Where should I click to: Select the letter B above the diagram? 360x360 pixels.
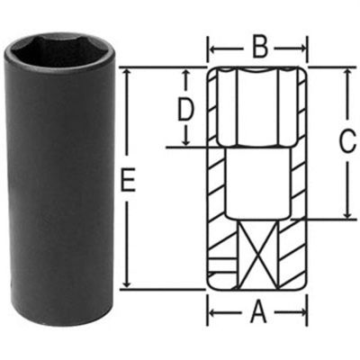click(x=257, y=43)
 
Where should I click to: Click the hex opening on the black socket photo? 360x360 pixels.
click(x=59, y=50)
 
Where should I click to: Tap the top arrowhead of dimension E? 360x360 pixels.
click(x=127, y=71)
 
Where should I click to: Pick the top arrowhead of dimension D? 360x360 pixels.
click(x=185, y=71)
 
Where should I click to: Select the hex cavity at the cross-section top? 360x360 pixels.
click(x=258, y=108)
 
